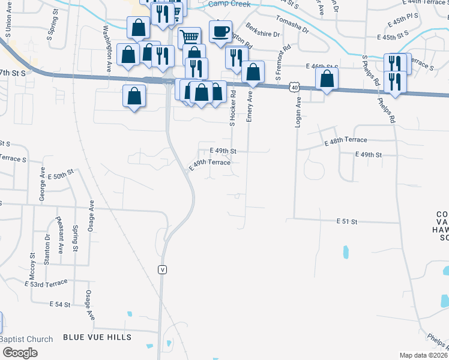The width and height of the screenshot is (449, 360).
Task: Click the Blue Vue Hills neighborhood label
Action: point(97,337)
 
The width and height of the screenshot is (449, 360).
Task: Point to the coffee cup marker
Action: point(221,31)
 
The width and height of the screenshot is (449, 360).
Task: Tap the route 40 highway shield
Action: point(294,87)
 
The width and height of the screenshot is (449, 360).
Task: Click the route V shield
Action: point(162,269)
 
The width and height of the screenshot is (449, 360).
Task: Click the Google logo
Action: point(19,353)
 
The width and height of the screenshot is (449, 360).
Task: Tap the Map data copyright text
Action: point(423,355)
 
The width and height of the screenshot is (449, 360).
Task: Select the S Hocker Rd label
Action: point(232,109)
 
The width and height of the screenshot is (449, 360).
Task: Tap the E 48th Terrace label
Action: point(345,142)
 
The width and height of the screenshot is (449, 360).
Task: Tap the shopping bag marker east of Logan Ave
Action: point(327,79)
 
